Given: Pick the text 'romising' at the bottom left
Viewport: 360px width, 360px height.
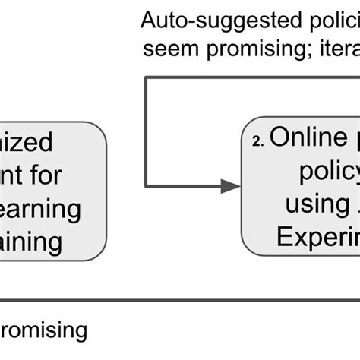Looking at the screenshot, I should tap(42, 332).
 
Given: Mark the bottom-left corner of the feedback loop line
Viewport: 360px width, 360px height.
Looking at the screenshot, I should tap(147, 185).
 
